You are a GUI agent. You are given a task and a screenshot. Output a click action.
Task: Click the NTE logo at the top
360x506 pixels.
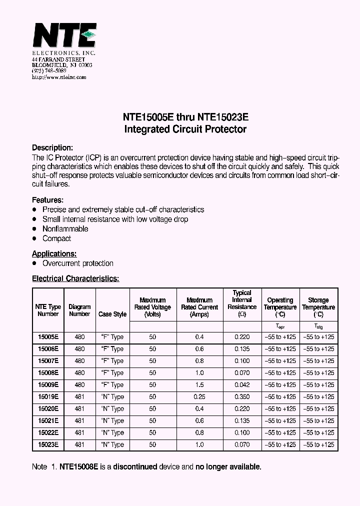point(64,35)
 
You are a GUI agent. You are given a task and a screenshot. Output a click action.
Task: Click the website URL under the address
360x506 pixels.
point(59,77)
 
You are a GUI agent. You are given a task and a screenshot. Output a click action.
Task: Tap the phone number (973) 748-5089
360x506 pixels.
point(49,71)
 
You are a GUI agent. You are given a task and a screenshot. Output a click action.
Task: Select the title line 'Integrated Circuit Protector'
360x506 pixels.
point(185,129)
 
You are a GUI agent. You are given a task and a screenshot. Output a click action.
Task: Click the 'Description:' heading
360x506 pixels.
point(52,148)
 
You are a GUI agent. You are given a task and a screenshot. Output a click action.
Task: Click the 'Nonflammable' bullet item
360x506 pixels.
point(65,229)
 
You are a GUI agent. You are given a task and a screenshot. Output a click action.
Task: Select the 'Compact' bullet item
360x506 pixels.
point(56,238)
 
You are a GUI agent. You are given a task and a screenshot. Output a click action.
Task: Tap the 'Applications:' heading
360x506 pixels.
point(54,253)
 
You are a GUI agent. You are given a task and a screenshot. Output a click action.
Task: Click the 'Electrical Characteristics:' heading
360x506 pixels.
point(75,278)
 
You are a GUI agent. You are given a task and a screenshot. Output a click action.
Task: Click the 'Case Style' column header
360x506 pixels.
point(112,314)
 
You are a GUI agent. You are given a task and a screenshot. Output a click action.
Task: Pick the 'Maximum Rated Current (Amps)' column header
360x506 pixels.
point(199,307)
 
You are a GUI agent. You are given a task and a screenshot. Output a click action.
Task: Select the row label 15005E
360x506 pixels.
point(48,337)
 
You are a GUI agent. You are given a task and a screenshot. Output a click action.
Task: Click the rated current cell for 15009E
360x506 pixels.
point(199,385)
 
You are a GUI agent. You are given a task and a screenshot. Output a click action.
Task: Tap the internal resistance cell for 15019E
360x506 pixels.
point(242,397)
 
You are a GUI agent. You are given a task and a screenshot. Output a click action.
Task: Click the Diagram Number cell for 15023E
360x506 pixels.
point(79,444)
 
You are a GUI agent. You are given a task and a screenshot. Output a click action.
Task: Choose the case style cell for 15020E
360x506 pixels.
point(112,409)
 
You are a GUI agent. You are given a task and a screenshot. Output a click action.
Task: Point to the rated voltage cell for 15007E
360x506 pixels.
point(152,361)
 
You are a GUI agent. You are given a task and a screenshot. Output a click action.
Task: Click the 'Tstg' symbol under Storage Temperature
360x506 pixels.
point(318,326)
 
